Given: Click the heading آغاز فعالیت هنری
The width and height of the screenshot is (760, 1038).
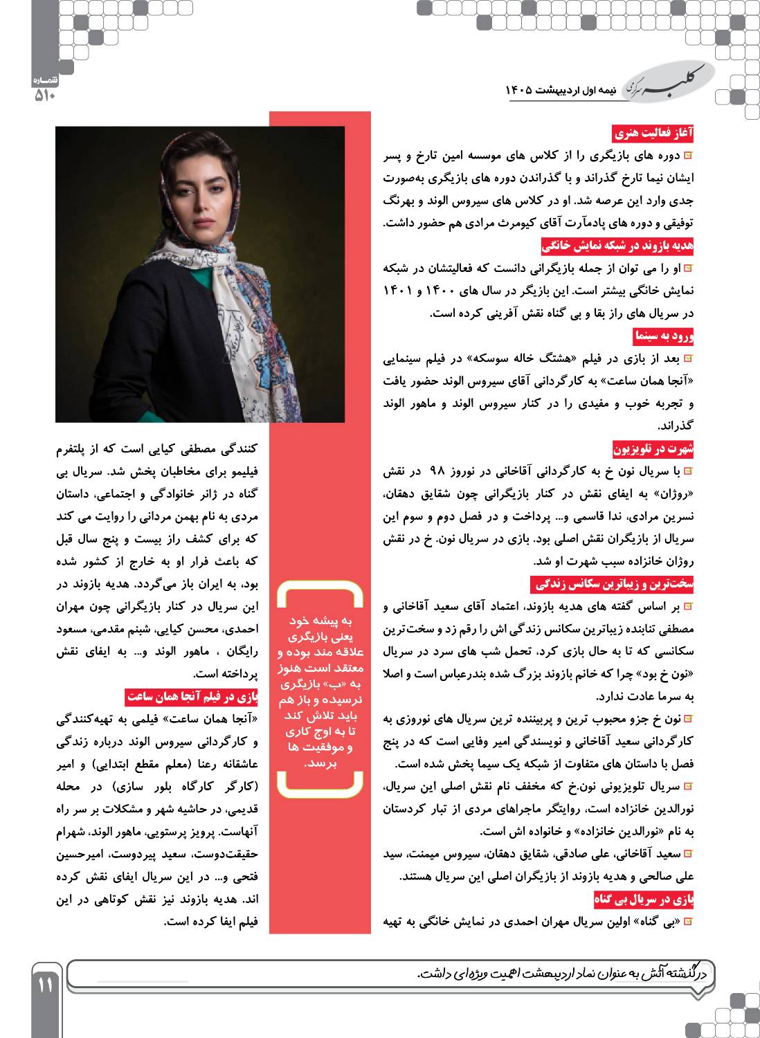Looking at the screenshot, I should [653, 133].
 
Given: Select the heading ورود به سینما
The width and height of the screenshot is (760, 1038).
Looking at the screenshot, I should [663, 336].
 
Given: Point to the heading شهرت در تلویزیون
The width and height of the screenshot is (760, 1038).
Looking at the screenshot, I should [653, 449].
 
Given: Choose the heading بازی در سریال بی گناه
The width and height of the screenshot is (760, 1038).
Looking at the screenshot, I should [644, 900].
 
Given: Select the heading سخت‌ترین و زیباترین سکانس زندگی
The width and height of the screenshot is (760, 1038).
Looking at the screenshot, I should [613, 585].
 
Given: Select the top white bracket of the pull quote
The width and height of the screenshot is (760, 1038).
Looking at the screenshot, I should [319, 591].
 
